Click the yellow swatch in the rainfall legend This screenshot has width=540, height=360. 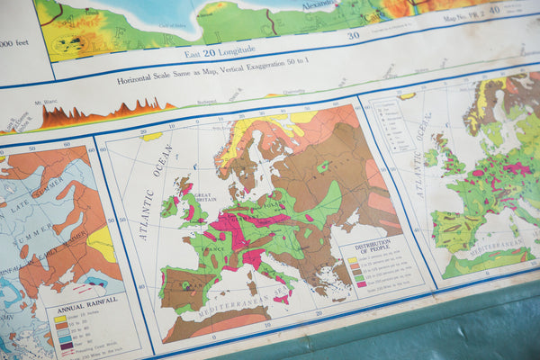click(59, 318)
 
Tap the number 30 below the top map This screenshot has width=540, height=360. click(353, 36)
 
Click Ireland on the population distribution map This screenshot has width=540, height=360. click(168, 207)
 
